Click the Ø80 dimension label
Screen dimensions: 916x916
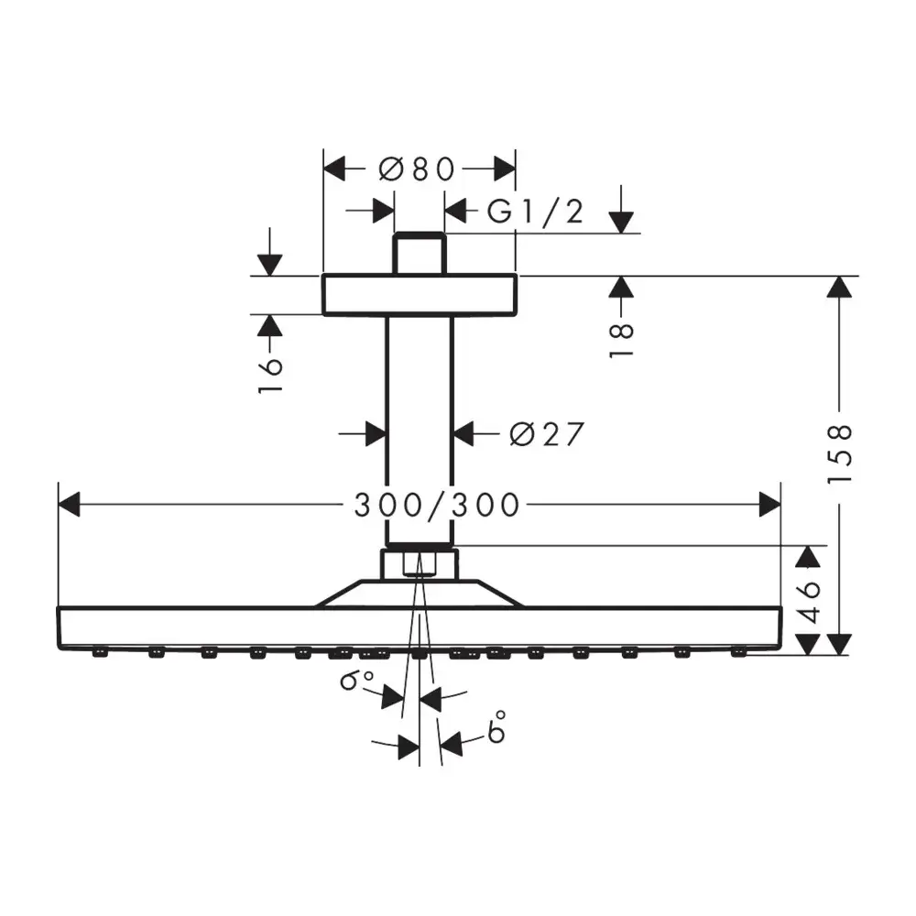click(417, 169)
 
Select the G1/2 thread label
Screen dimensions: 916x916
click(535, 213)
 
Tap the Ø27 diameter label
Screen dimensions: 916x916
click(546, 433)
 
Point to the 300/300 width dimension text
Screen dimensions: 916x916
click(437, 504)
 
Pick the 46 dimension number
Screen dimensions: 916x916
click(807, 600)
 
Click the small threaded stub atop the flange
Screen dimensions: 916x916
click(419, 254)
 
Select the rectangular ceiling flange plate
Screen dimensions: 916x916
click(419, 295)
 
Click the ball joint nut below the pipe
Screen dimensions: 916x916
click(419, 562)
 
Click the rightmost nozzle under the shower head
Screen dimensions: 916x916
click(737, 653)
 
